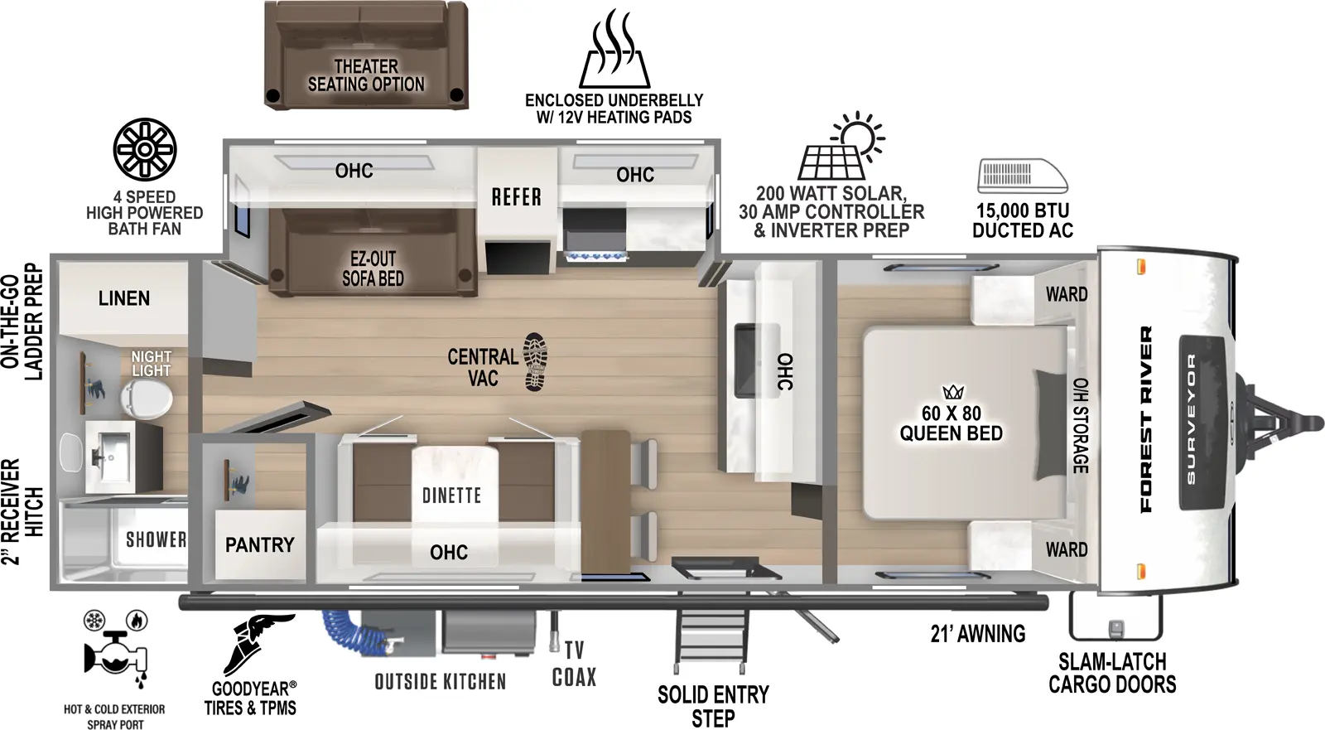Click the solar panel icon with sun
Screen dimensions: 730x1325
click(x=841, y=147)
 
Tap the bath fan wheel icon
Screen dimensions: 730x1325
click(x=145, y=149)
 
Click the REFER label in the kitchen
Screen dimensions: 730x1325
click(x=516, y=197)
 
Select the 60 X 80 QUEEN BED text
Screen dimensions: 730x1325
click(x=951, y=423)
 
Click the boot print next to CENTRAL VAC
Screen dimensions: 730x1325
click(x=535, y=362)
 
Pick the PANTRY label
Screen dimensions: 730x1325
click(x=259, y=544)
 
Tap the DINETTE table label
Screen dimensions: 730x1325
click(x=451, y=496)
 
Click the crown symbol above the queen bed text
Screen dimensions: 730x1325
click(x=952, y=392)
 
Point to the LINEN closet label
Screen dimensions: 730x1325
click(x=124, y=298)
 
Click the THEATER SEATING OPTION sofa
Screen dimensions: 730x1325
click(x=366, y=56)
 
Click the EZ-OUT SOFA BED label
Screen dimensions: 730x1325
click(x=373, y=268)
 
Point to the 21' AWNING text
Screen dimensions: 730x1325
click(x=977, y=634)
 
